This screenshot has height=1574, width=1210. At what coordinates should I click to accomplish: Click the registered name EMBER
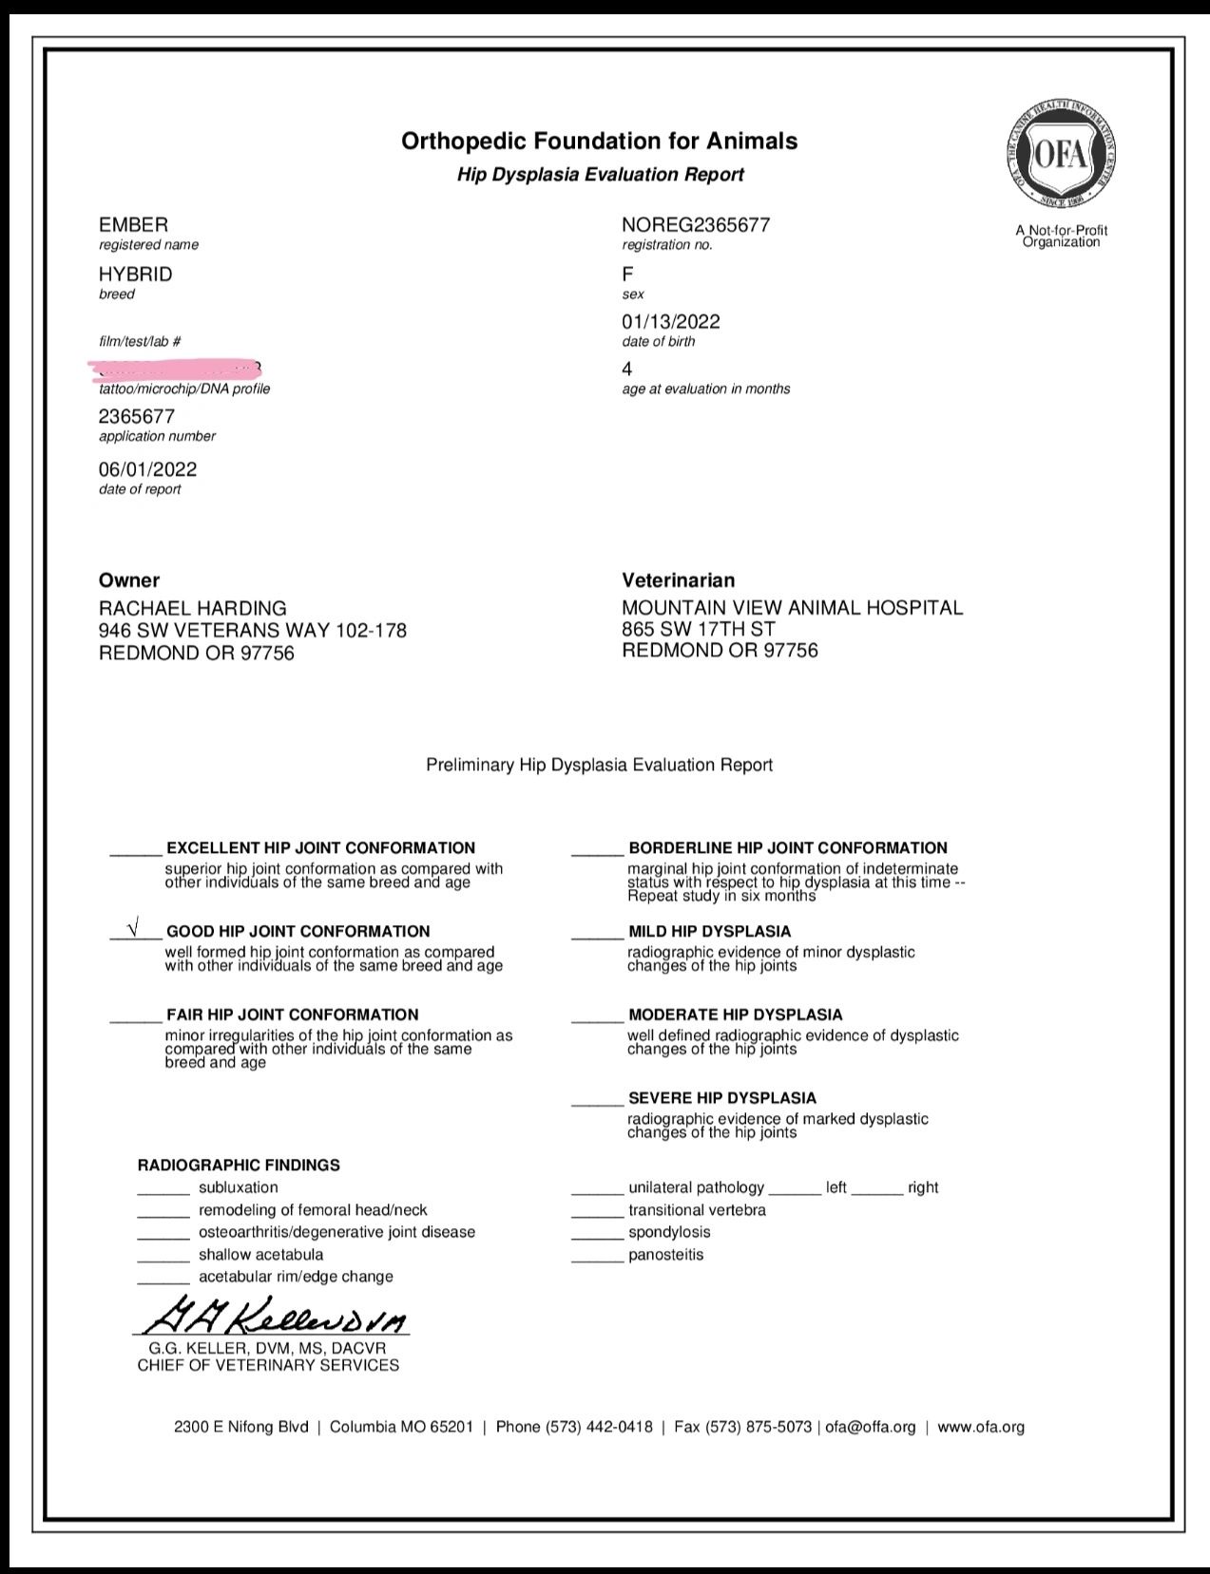pyautogui.click(x=133, y=225)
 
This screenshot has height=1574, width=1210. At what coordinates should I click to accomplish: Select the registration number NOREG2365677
pyautogui.click(x=696, y=225)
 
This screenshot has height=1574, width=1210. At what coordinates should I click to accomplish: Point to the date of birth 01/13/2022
pyautogui.click(x=671, y=322)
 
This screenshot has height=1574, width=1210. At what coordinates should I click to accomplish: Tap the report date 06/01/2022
pyautogui.click(x=148, y=469)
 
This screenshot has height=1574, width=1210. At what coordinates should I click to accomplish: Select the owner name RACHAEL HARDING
pyautogui.click(x=193, y=608)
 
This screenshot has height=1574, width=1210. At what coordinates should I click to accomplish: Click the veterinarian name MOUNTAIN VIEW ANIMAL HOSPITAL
pyautogui.click(x=792, y=608)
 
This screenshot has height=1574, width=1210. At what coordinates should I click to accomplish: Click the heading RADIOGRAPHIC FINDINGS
pyautogui.click(x=239, y=1165)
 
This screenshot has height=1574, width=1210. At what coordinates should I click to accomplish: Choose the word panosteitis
pyautogui.click(x=665, y=1255)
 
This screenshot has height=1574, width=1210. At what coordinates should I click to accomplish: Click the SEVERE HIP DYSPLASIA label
pyautogui.click(x=722, y=1098)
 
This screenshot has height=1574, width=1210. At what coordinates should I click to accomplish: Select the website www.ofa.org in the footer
pyautogui.click(x=981, y=1427)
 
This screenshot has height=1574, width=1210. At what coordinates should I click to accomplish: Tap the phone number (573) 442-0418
pyautogui.click(x=599, y=1427)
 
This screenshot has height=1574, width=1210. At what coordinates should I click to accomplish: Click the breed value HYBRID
pyautogui.click(x=136, y=275)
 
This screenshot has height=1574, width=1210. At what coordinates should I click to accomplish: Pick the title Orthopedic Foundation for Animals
pyautogui.click(x=599, y=142)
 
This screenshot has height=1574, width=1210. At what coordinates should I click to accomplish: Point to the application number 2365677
pyautogui.click(x=137, y=416)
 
